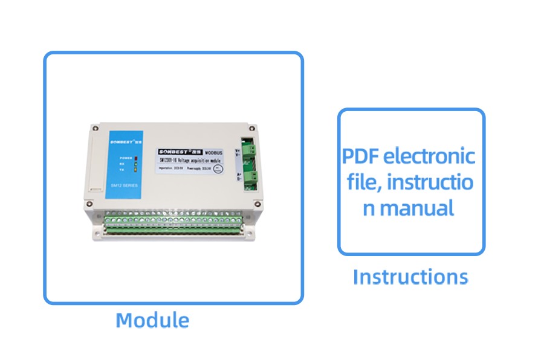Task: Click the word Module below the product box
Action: pos(152,320)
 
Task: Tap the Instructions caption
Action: pos(410,277)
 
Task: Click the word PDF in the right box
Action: pos(361,156)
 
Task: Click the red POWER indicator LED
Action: pos(136,157)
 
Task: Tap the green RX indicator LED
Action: pos(136,163)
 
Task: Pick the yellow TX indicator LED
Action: pos(136,170)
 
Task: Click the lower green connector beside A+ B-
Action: pos(252,178)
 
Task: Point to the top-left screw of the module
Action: pos(93,128)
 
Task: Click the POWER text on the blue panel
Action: pos(126,157)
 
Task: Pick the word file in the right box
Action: pos(363,182)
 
